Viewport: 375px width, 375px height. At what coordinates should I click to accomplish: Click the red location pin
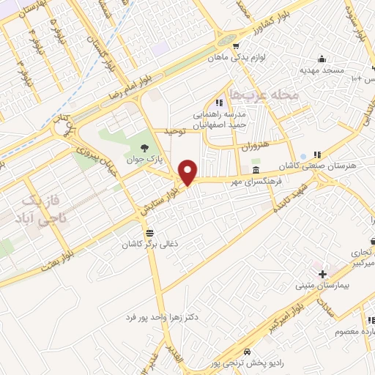pos(188,172)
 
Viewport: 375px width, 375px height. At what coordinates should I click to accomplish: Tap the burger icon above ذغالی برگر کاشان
pos(150,231)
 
